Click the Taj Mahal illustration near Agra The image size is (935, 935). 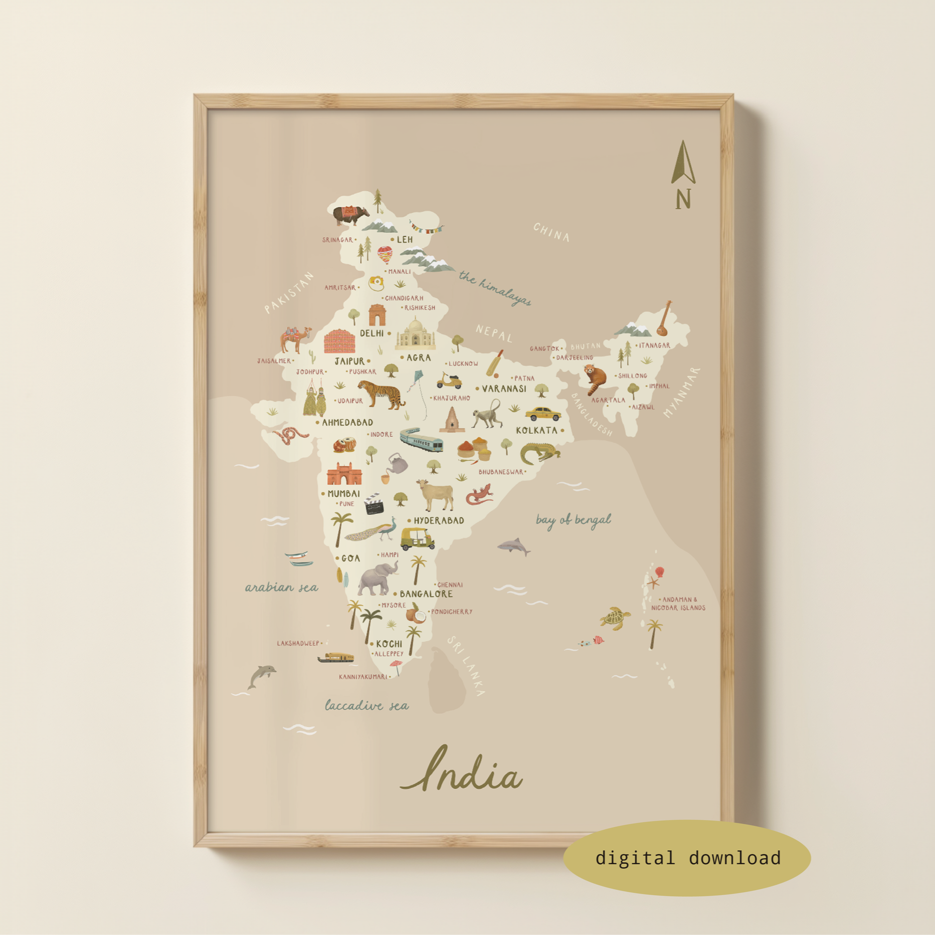pyautogui.click(x=415, y=335)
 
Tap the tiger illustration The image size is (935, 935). pyautogui.click(x=381, y=394)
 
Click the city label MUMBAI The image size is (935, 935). pyautogui.click(x=344, y=494)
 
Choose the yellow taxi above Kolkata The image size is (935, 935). pyautogui.click(x=543, y=413)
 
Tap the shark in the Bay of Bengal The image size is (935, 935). pyautogui.click(x=514, y=547)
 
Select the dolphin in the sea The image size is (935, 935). pyautogui.click(x=261, y=676)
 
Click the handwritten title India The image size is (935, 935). pyautogui.click(x=461, y=771)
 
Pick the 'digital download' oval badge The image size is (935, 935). pyautogui.click(x=687, y=858)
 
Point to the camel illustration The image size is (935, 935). pyautogui.click(x=295, y=339)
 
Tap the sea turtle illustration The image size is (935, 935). pyautogui.click(x=615, y=618)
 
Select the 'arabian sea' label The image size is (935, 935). pyautogui.click(x=282, y=587)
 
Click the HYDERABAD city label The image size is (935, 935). pyautogui.click(x=439, y=521)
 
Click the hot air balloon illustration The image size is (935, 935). pyautogui.click(x=384, y=255)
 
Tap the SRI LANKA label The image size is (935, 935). pyautogui.click(x=466, y=666)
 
